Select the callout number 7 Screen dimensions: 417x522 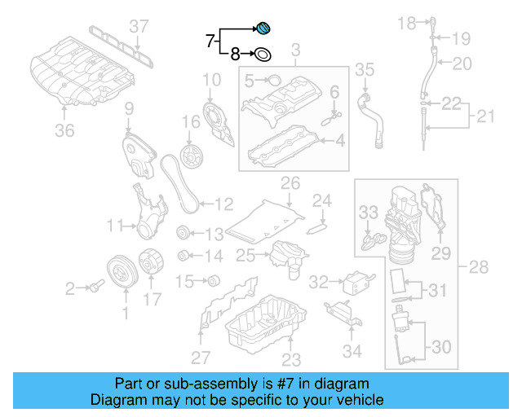pyautogui.click(x=210, y=39)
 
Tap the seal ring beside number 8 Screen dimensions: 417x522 pyautogui.click(x=263, y=55)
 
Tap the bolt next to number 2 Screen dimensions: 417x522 pyautogui.click(x=97, y=286)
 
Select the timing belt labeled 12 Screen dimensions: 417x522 pyautogui.click(x=175, y=183)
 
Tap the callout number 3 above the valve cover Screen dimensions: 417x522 pyautogui.click(x=295, y=50)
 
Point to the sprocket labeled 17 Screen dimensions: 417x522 pyautogui.click(x=153, y=263)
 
